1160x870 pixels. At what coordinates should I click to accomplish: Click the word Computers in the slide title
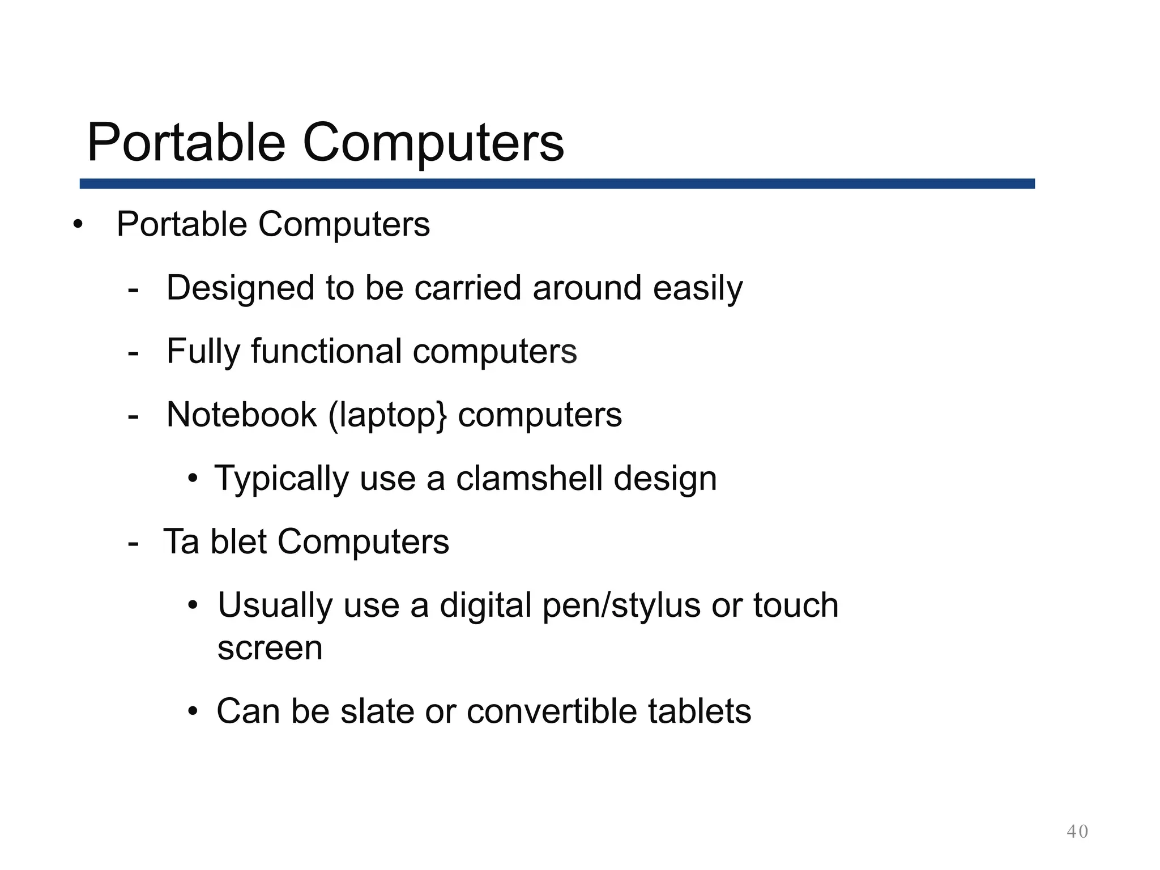[x=433, y=143]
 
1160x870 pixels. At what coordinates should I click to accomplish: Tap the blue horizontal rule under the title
[x=557, y=184]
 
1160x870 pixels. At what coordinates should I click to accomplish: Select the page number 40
[x=1077, y=831]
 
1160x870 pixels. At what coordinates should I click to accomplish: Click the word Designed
[x=240, y=288]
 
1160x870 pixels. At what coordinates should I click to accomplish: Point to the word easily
[x=698, y=289]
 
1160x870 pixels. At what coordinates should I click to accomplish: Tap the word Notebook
[x=241, y=415]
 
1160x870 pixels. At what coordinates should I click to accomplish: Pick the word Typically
[x=282, y=479]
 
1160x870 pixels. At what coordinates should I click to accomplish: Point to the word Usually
[x=275, y=605]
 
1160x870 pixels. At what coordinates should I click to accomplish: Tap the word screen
[x=270, y=649]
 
